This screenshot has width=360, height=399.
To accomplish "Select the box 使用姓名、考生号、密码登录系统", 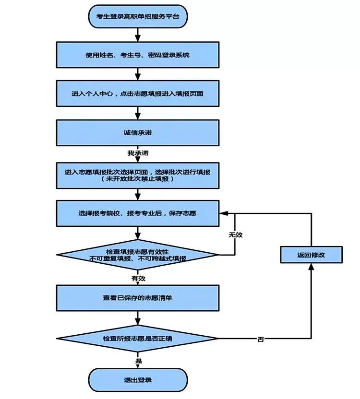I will [138, 55].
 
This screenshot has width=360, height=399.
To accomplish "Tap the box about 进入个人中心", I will [138, 94].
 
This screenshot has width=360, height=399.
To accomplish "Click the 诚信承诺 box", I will [138, 132].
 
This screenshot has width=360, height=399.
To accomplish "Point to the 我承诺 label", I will [138, 153].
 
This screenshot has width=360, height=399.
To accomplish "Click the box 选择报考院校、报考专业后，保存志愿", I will [138, 213].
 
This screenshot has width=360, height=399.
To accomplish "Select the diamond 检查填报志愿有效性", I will [138, 255].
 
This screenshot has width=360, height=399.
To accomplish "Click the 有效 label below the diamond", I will [138, 278].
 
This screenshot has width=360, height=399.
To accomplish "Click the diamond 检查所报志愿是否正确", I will [138, 338].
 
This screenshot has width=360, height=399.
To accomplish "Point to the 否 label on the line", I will [261, 339].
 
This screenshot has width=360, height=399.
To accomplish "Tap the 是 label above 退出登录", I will [138, 360].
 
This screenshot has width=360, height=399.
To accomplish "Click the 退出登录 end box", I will [138, 380].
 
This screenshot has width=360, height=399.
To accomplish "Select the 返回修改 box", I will [311, 255].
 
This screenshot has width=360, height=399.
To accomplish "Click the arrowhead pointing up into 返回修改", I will [311, 267].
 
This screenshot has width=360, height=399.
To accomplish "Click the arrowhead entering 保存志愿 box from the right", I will [223, 213].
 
